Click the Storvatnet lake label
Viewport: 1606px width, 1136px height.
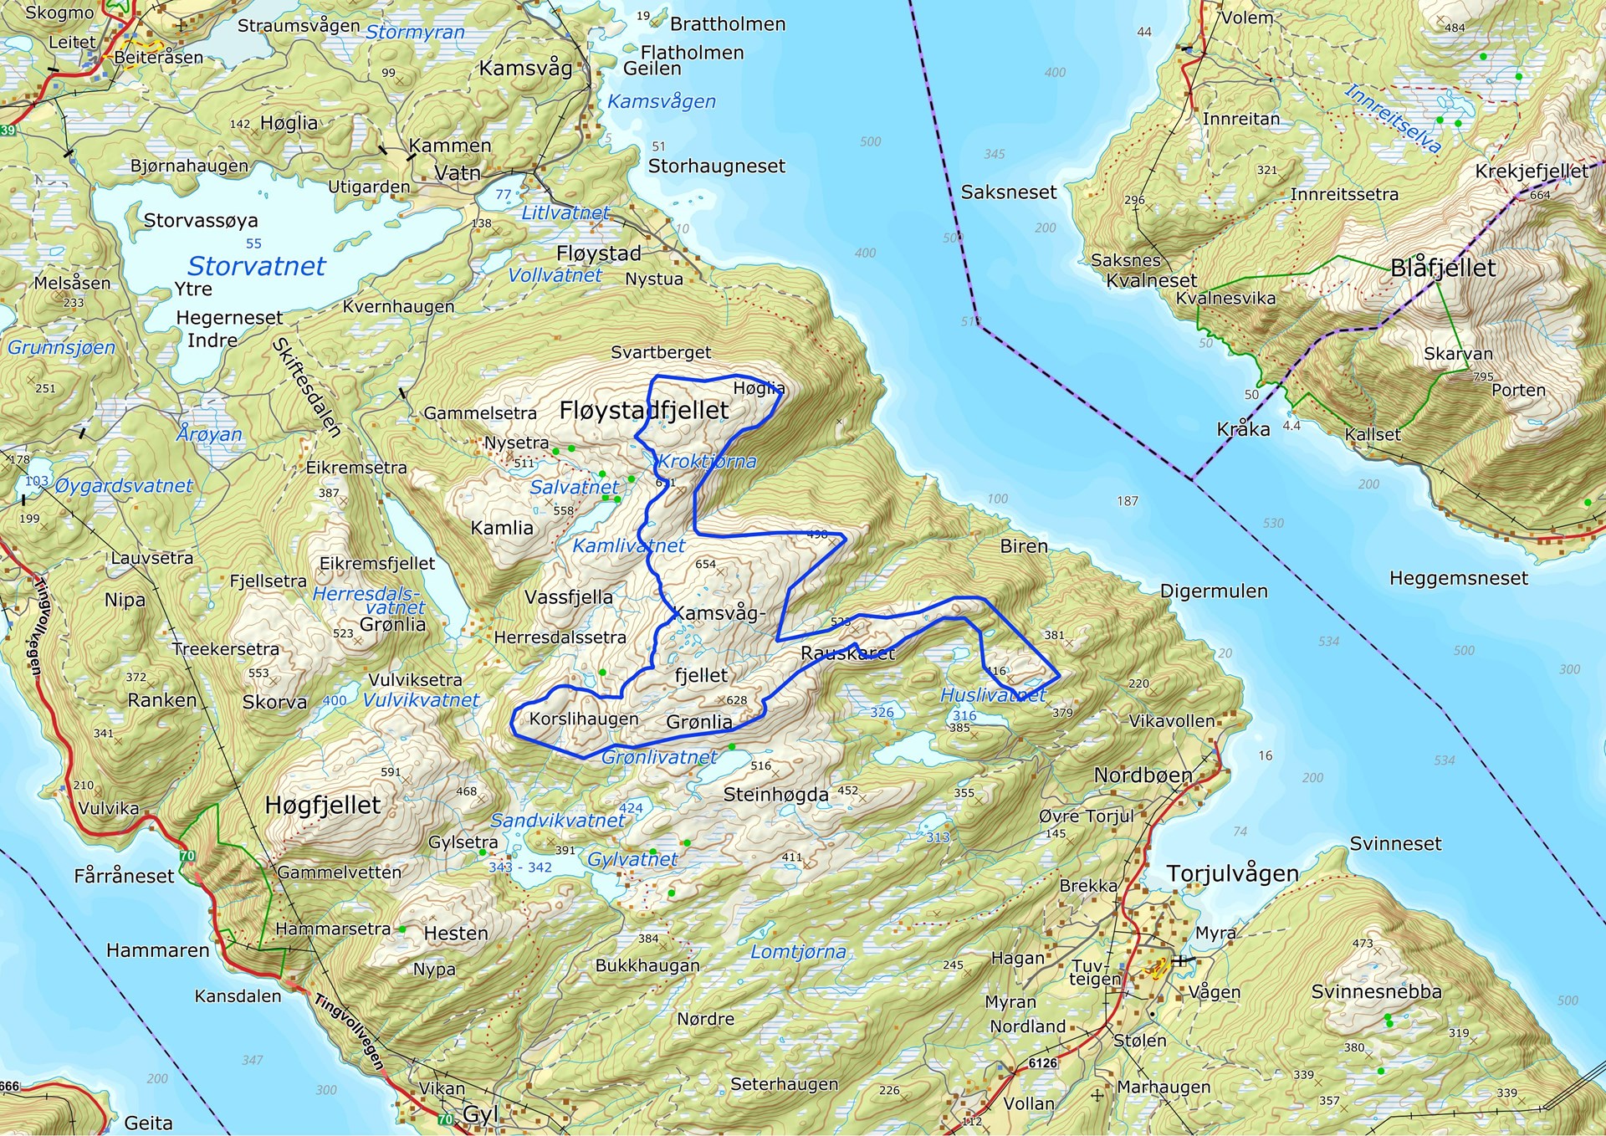(x=256, y=266)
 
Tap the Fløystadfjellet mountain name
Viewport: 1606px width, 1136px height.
(x=644, y=410)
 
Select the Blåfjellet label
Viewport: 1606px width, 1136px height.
(x=1443, y=268)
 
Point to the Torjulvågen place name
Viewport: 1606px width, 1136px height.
(x=1232, y=873)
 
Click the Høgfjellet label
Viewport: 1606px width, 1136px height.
(x=323, y=805)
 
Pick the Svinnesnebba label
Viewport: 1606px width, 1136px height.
(x=1376, y=991)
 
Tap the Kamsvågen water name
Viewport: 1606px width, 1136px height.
(x=662, y=101)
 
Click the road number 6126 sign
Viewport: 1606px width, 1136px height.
(x=1042, y=1062)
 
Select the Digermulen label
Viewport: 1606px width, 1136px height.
(x=1214, y=591)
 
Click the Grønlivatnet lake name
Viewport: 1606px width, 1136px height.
(x=659, y=757)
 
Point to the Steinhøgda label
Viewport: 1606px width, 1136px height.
(x=775, y=794)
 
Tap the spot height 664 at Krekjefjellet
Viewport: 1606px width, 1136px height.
(x=1540, y=195)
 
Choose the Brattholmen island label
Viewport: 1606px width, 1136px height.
(x=728, y=23)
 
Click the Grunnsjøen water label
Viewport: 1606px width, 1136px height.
(x=61, y=347)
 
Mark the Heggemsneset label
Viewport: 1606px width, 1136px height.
(x=1458, y=578)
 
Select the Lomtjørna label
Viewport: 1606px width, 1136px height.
(x=798, y=952)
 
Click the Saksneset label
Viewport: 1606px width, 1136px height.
(x=1009, y=192)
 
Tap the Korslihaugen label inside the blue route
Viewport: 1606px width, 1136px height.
(x=584, y=719)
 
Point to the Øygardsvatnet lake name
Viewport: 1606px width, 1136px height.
(x=124, y=485)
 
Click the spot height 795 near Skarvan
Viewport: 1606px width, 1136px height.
(x=1483, y=376)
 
